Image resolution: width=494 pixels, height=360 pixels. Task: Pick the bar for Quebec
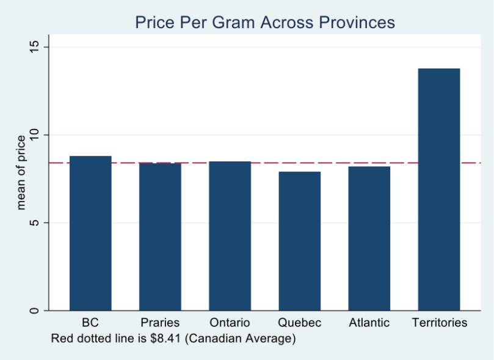pos(299,241)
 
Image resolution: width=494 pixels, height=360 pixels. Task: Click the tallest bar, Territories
pos(438,189)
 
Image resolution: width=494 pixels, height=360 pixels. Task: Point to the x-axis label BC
pos(90,323)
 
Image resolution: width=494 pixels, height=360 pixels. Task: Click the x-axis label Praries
pos(160,323)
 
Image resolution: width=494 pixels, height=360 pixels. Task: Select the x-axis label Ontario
pos(230,323)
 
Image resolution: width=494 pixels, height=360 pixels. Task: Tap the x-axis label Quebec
pos(299,323)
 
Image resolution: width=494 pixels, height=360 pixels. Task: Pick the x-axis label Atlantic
pos(369,323)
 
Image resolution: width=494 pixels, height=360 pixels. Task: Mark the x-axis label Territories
pos(439,323)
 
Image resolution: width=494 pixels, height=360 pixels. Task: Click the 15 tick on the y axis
pos(34,46)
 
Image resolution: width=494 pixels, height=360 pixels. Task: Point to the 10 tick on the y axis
pos(34,134)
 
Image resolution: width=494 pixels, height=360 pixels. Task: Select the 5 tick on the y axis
pos(34,222)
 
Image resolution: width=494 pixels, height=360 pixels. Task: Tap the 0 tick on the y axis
pos(34,310)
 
